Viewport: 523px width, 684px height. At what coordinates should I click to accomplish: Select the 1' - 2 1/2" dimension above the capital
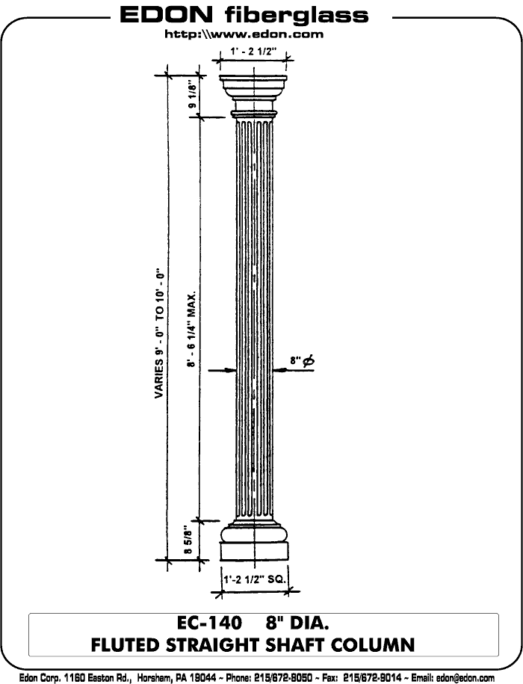[254, 52]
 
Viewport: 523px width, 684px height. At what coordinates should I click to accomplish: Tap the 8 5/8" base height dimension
[190, 541]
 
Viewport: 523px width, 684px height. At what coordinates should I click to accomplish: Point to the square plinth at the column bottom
[254, 552]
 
